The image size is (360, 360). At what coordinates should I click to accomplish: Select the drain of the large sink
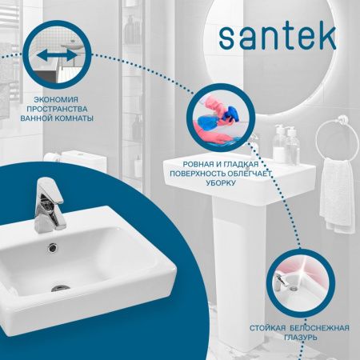pyautogui.click(x=62, y=286)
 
